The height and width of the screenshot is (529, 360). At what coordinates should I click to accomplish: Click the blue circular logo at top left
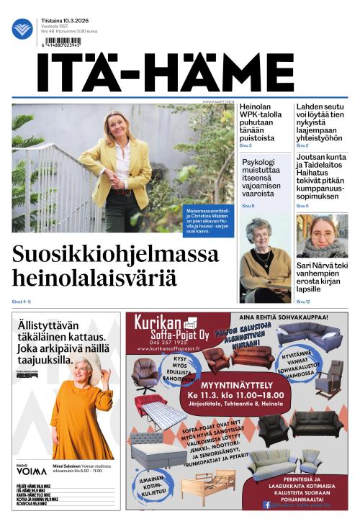[x=22, y=29]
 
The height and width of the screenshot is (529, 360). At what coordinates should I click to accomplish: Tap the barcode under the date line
[x=61, y=42]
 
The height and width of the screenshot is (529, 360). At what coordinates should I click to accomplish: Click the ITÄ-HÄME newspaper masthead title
[x=166, y=73]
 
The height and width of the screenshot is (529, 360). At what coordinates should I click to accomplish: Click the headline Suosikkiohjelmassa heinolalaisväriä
[x=115, y=266]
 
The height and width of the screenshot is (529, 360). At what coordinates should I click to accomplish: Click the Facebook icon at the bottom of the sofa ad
[x=266, y=505]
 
